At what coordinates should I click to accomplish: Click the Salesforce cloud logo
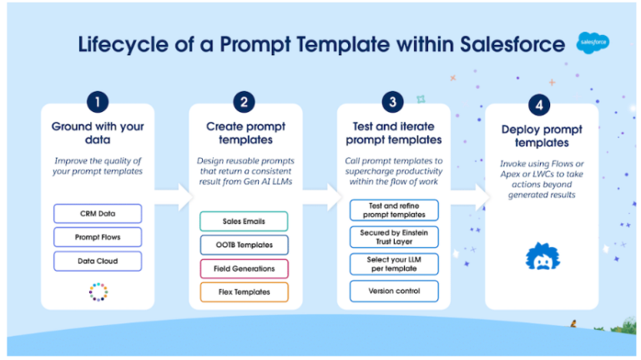pos(593,43)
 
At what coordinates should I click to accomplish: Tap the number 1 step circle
pos(98,103)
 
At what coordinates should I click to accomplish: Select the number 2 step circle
pos(243,103)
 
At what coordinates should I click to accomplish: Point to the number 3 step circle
pos(392,103)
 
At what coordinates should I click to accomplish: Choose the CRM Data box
pos(97,214)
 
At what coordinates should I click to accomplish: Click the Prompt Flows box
pos(97,237)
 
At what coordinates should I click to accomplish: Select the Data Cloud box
pos(97,261)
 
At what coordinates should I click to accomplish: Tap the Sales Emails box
pos(244,221)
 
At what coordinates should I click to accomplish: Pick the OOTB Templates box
pos(244,245)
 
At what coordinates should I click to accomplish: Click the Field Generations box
pos(244,268)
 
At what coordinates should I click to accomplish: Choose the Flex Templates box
pos(244,292)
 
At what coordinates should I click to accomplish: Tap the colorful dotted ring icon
pos(97,292)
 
